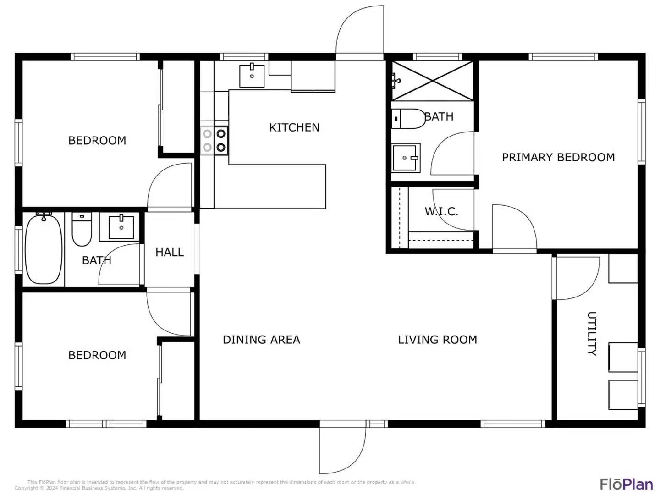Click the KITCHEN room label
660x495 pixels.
[x=294, y=127]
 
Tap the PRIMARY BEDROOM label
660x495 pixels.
[x=558, y=157]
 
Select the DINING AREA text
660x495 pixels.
[x=261, y=340]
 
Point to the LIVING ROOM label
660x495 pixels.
[x=437, y=340]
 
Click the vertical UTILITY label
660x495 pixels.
[x=592, y=333]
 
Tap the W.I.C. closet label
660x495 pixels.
[x=441, y=211]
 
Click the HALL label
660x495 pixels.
[x=170, y=252]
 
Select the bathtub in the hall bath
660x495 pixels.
[x=44, y=249]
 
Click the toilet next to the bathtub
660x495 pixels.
[x=82, y=230]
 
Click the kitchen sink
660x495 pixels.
[x=252, y=76]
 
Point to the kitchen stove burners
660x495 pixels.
[x=214, y=140]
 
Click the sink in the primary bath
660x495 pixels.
[x=406, y=158]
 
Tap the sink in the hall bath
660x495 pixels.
[x=121, y=227]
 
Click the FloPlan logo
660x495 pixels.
[x=626, y=484]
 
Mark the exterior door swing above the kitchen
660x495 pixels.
[x=360, y=32]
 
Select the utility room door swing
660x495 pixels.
[x=577, y=278]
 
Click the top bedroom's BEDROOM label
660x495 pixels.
[x=97, y=140]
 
